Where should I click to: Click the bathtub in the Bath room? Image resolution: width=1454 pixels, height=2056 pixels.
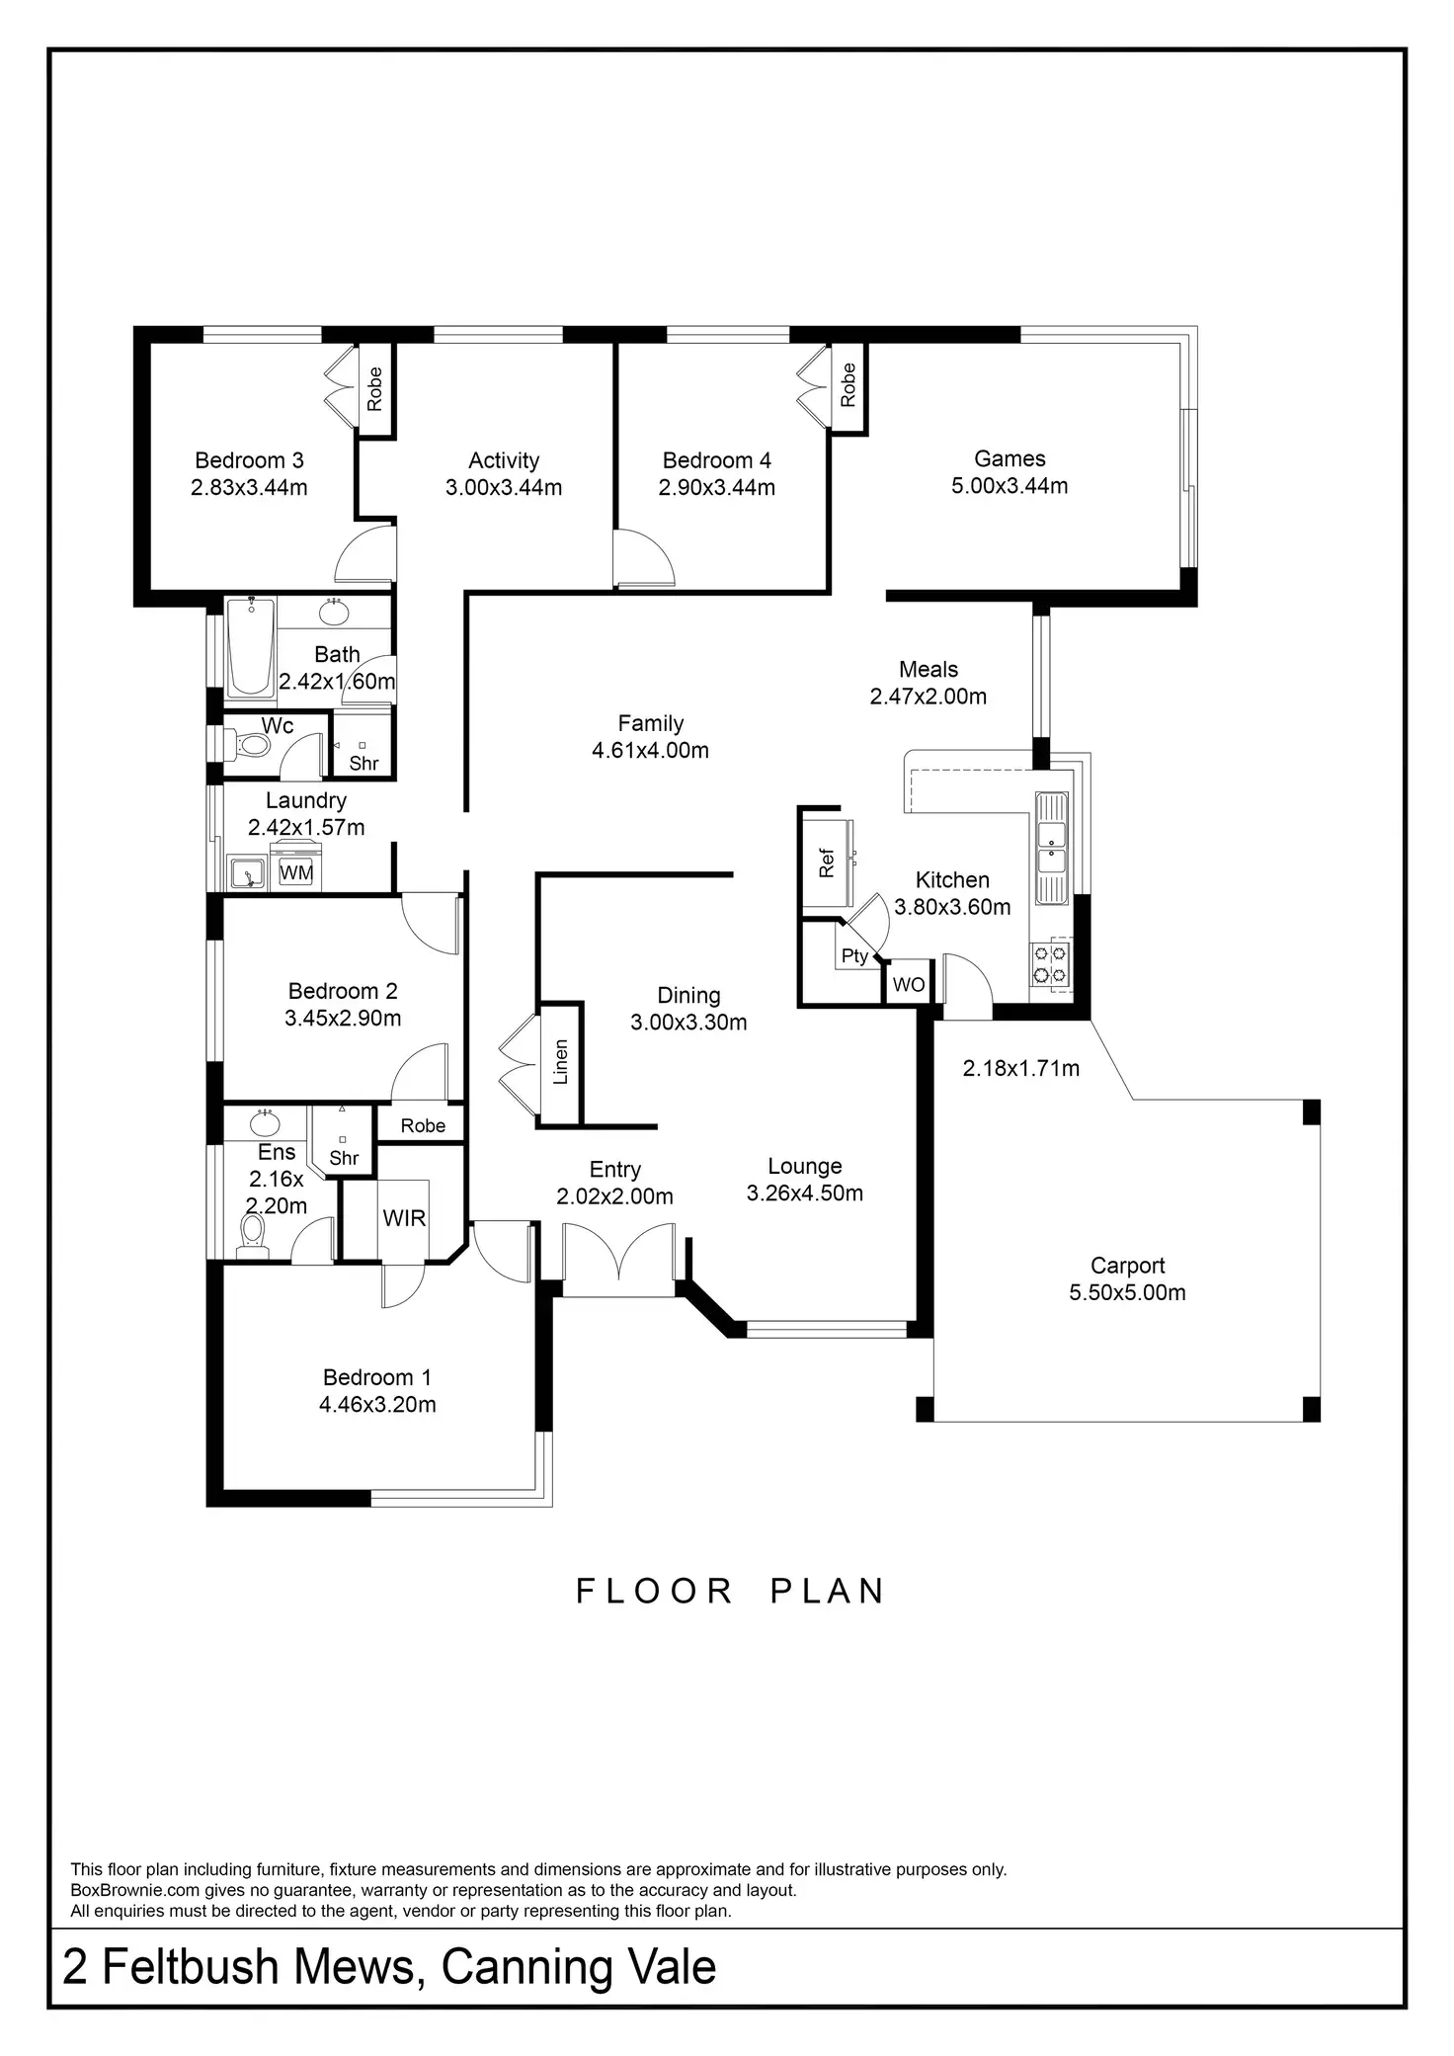(251, 648)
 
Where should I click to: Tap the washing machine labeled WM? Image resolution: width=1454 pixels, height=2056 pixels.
(296, 872)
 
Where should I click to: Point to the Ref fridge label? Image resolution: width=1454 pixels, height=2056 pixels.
(827, 863)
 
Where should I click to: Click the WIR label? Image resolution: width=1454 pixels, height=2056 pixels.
(404, 1218)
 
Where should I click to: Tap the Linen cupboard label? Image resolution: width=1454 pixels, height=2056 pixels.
(560, 1062)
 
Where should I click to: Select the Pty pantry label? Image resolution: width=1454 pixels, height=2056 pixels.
(854, 955)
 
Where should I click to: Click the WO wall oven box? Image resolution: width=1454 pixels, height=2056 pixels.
(908, 985)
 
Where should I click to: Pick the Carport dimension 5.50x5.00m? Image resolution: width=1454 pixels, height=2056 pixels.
(1127, 1292)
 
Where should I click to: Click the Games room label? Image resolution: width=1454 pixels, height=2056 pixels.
(1010, 458)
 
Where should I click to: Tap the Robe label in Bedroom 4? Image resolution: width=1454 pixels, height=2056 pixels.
(848, 385)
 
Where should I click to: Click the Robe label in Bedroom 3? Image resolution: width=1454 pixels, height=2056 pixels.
(374, 388)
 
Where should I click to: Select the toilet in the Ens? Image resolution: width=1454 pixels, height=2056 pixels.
(254, 1234)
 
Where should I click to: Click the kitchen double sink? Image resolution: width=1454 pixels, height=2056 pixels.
(1051, 836)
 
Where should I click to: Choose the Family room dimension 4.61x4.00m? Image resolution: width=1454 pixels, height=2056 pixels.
(650, 750)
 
